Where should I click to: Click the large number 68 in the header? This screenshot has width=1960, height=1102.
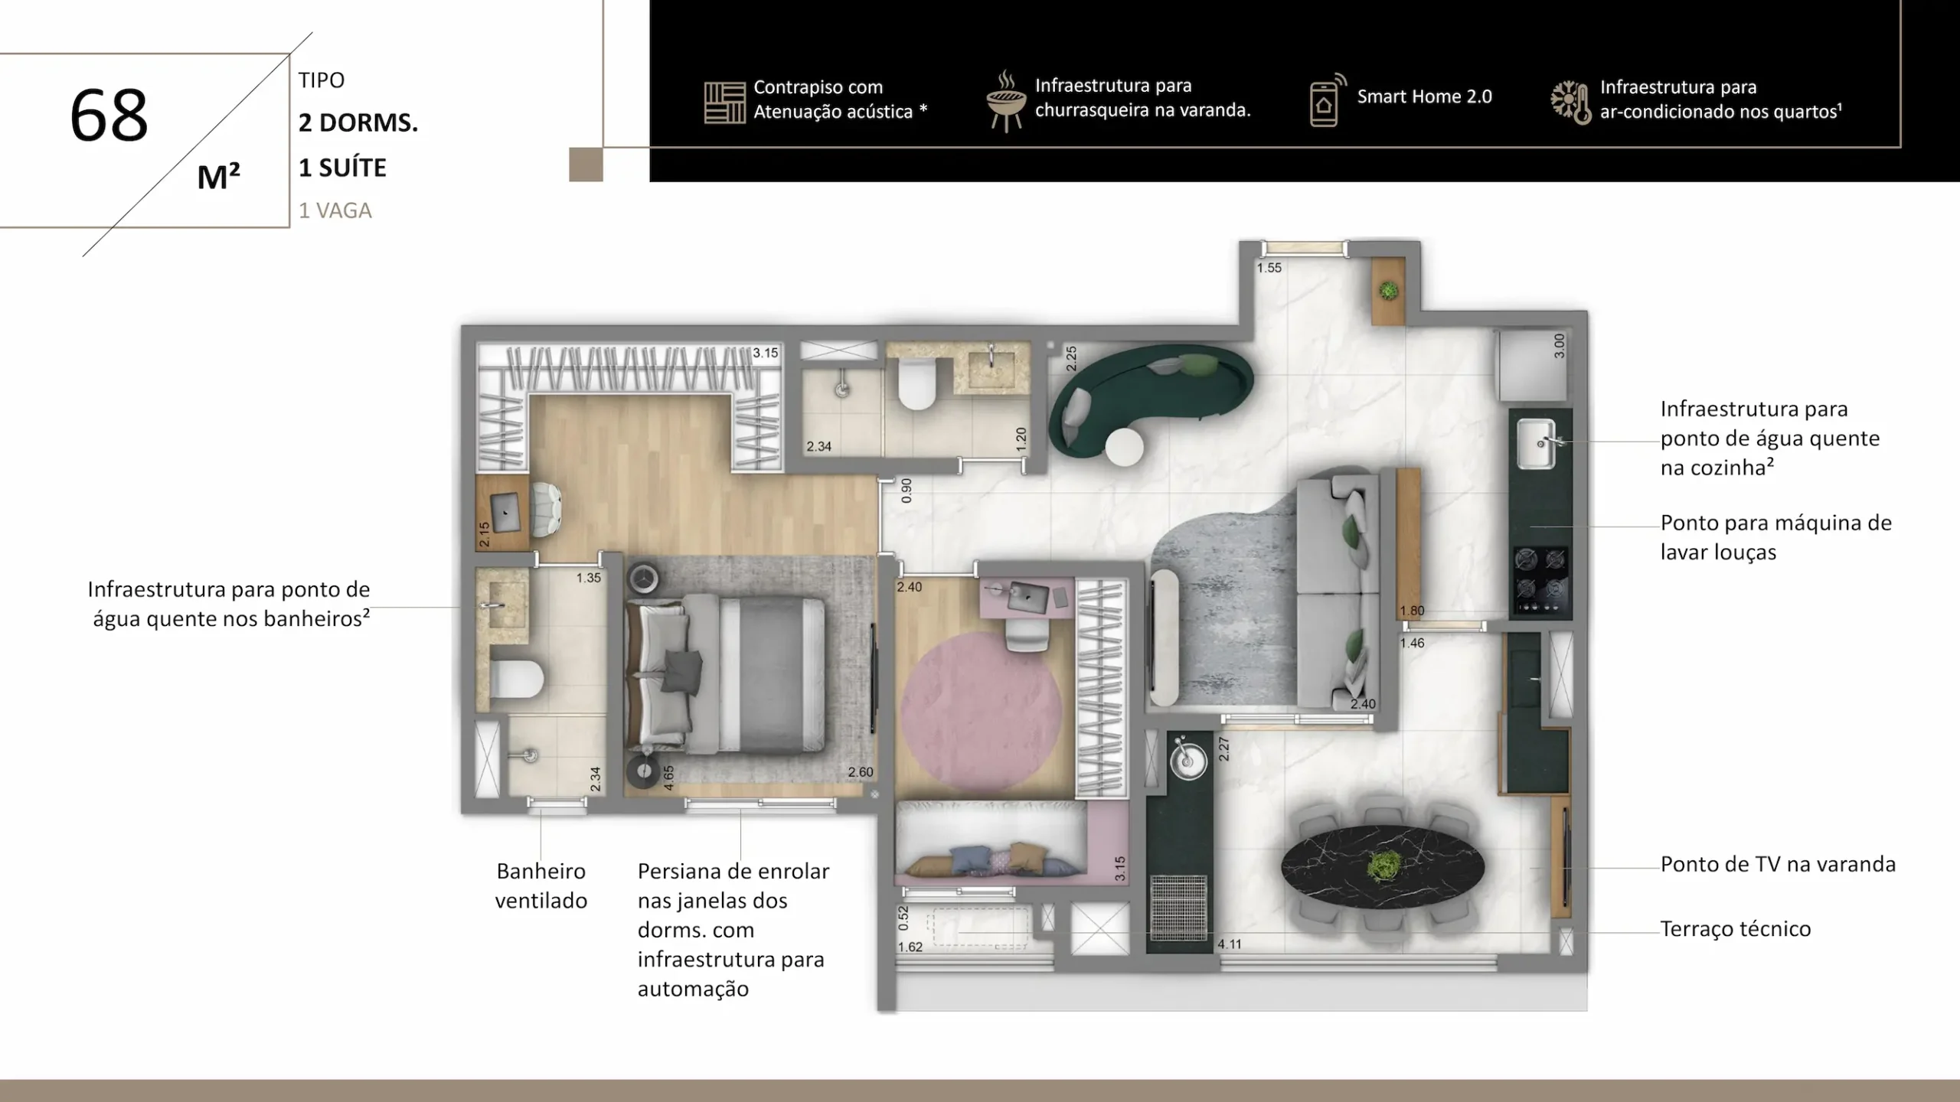point(109,116)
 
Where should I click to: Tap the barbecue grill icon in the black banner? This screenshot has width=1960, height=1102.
point(1006,101)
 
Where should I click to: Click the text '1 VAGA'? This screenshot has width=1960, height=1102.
point(335,210)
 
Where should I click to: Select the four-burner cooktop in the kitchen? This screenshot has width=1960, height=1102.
point(1540,581)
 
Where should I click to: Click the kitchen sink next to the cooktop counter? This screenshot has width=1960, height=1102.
point(1536,443)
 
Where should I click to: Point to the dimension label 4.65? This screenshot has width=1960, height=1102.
point(668,778)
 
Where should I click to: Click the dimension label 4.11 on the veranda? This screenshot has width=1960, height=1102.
point(1230,944)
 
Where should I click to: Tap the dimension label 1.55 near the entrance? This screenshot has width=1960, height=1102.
point(1269,268)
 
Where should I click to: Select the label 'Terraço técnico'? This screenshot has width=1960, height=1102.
point(1736,929)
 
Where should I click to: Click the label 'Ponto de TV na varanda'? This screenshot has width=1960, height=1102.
point(1778,865)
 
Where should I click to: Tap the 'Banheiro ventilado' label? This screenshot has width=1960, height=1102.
point(541,885)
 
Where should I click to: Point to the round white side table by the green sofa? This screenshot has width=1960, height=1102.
point(1124,447)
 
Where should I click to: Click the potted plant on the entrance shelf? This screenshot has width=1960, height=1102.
point(1388,291)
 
